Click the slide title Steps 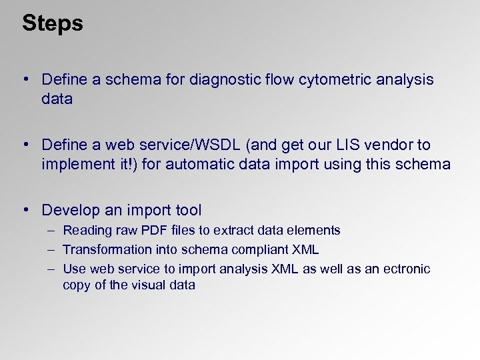pos(52,23)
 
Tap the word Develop pos(70,210)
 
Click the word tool pos(187,210)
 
